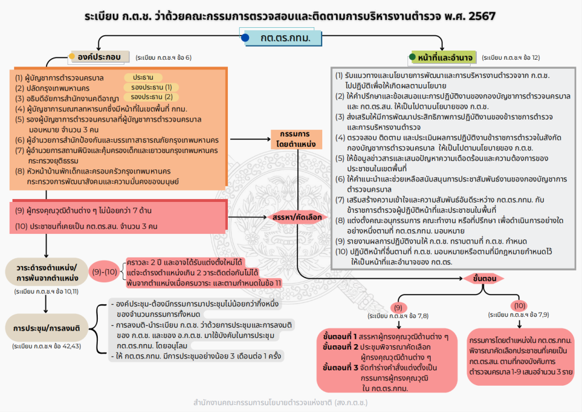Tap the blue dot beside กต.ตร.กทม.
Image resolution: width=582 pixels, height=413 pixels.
coord(245,38)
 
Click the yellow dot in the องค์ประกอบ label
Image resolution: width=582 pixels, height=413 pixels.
coord(72,56)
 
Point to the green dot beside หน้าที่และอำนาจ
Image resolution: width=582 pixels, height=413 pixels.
coord(413,57)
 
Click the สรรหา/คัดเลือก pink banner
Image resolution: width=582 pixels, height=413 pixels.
coord(297,217)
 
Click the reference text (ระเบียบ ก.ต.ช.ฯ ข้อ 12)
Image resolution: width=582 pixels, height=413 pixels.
coord(510,57)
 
